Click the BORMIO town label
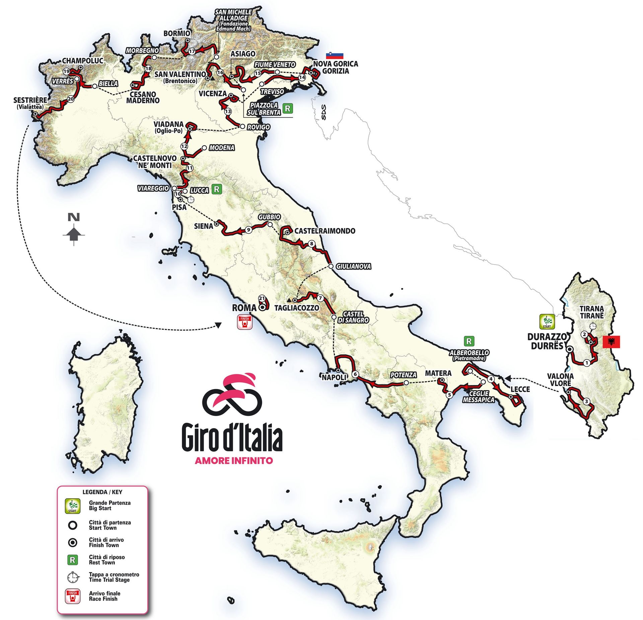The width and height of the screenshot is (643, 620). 177,33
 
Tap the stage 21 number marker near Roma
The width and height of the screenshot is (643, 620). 262,298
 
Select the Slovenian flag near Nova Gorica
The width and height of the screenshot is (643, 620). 335,55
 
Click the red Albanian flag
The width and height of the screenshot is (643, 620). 611,342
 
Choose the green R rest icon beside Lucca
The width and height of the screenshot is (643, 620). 217,189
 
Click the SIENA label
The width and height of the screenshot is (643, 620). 204,226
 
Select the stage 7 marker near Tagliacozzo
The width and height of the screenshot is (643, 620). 320,298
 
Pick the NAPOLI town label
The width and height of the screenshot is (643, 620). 334,377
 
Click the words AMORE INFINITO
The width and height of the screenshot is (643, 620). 234,460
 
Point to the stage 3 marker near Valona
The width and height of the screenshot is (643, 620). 586,401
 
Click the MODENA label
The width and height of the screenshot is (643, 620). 221,148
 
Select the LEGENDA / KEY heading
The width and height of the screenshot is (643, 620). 102,492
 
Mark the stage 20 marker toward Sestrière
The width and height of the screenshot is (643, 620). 70,99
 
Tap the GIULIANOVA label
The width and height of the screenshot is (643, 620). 353,266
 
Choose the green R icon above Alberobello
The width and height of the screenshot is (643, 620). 469,341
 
